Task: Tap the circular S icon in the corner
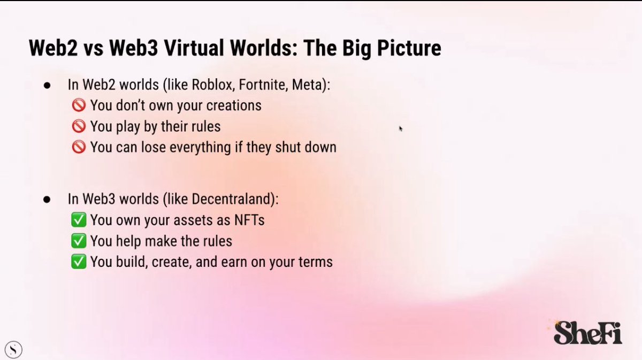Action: point(14,350)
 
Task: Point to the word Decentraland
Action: point(234,199)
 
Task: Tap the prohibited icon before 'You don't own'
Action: point(79,105)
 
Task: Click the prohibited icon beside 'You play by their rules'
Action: point(79,127)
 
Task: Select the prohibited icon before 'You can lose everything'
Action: point(79,148)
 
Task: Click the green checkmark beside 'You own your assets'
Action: point(79,220)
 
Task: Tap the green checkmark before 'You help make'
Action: point(79,241)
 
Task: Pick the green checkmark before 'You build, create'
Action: point(79,262)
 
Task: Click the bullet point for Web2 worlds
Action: point(47,85)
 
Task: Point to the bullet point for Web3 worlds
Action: point(47,200)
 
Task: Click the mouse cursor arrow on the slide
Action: point(400,128)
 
